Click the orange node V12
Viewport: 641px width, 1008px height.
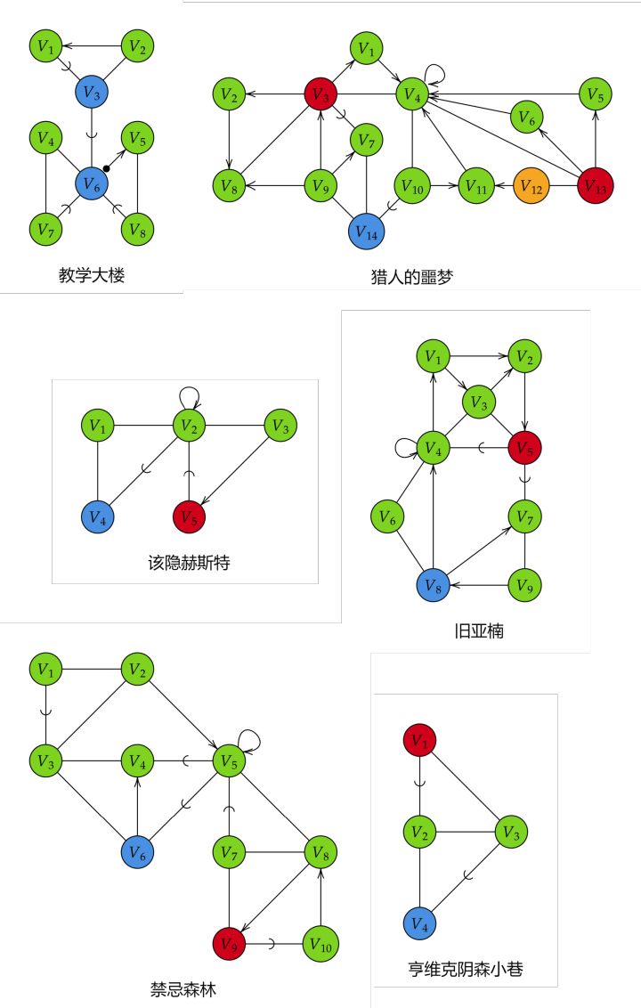tap(531, 186)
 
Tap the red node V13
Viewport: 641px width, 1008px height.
tap(596, 186)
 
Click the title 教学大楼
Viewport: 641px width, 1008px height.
tap(92, 275)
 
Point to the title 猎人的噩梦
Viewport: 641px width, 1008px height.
tap(412, 277)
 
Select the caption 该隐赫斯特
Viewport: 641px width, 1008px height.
tap(189, 563)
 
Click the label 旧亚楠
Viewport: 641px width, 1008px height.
tap(479, 630)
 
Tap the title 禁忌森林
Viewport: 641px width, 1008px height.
tap(183, 988)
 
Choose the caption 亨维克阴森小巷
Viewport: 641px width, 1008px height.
tap(466, 969)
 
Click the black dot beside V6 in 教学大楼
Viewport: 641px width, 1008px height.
tap(107, 168)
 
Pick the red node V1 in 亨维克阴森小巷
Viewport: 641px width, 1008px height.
tap(419, 741)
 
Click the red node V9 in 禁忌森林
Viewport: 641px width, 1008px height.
tap(229, 944)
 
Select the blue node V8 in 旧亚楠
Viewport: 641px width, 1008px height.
tap(434, 586)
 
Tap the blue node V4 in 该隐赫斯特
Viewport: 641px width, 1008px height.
tap(98, 516)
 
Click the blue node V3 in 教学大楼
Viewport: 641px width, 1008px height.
tap(92, 93)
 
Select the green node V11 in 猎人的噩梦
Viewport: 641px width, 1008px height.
tap(476, 186)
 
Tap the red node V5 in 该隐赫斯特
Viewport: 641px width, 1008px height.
tap(189, 516)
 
